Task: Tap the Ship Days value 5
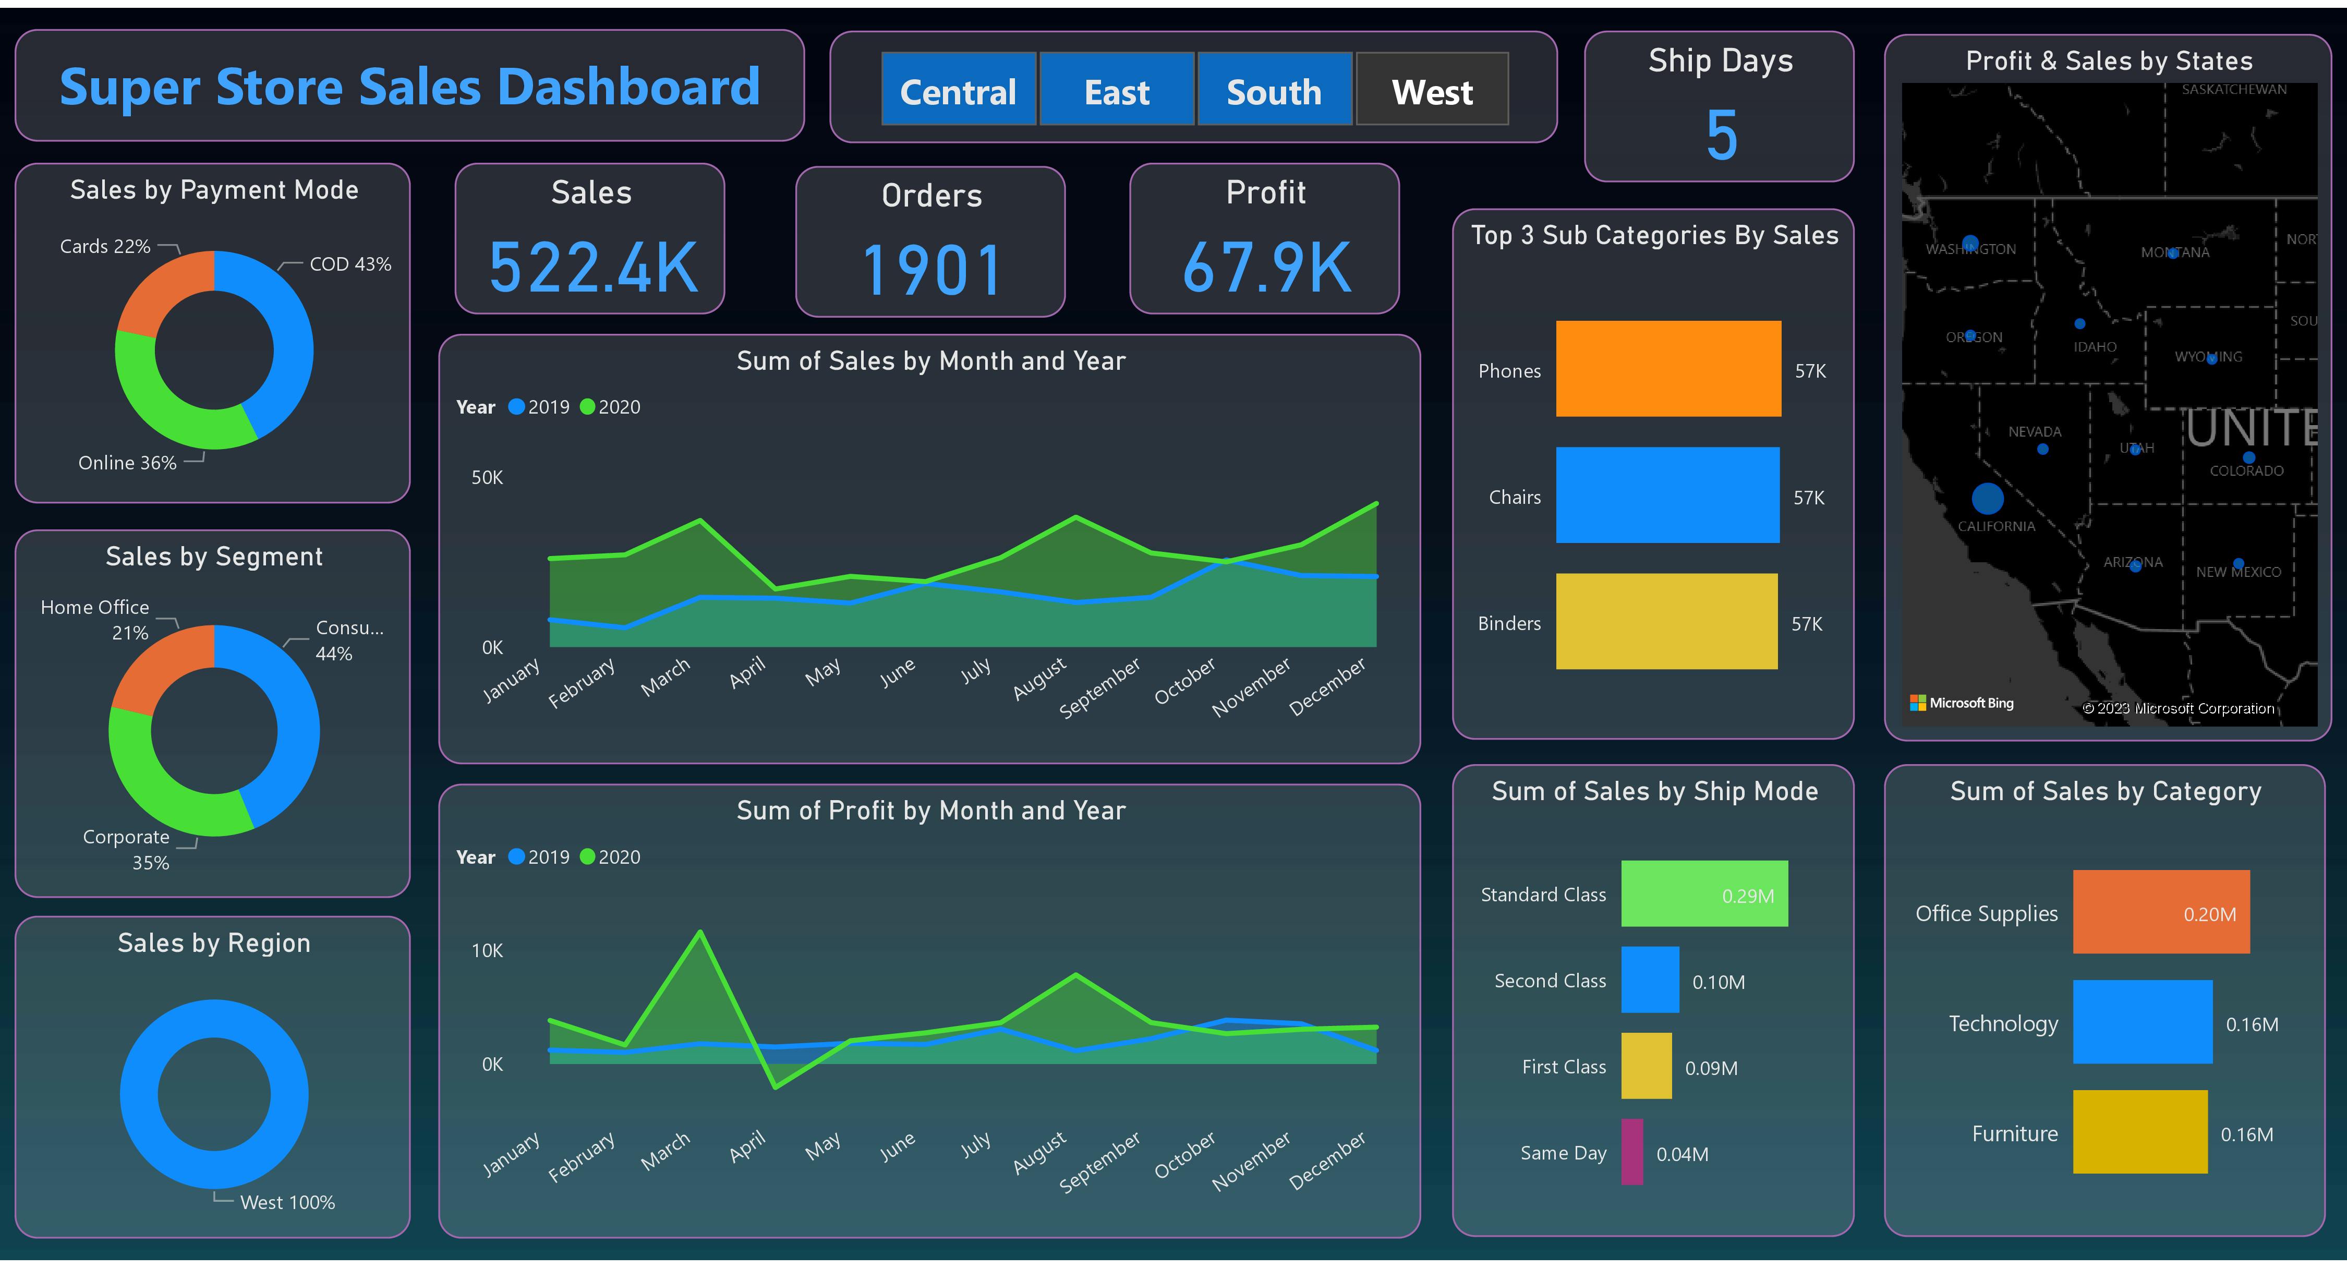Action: coord(1721,135)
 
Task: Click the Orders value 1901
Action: coord(931,270)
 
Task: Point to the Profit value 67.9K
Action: coord(1265,268)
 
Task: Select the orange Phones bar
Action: coord(1667,369)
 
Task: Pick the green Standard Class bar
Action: coord(1704,893)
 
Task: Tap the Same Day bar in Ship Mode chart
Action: coord(1632,1152)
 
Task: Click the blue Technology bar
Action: coord(2142,1022)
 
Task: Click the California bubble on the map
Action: coord(1987,498)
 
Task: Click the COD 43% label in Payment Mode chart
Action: coord(350,264)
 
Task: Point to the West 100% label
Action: coord(287,1202)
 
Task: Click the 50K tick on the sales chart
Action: coord(487,477)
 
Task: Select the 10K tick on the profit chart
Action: coord(487,951)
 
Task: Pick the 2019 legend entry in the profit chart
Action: coord(539,857)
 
